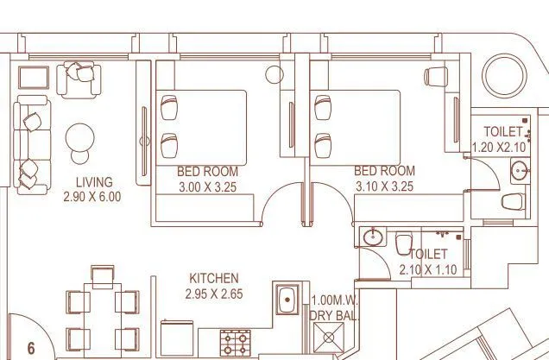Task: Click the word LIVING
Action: click(94, 181)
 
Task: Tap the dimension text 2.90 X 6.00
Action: click(92, 196)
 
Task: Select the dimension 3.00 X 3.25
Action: click(206, 186)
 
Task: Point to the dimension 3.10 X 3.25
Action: click(384, 186)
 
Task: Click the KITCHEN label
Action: click(214, 279)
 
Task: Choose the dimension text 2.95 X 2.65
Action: click(213, 294)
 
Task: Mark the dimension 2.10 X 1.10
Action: click(428, 270)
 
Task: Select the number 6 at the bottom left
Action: click(31, 349)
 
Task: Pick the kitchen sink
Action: click(287, 303)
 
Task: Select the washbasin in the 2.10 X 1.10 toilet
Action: click(374, 237)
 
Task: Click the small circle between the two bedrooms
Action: click(275, 74)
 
